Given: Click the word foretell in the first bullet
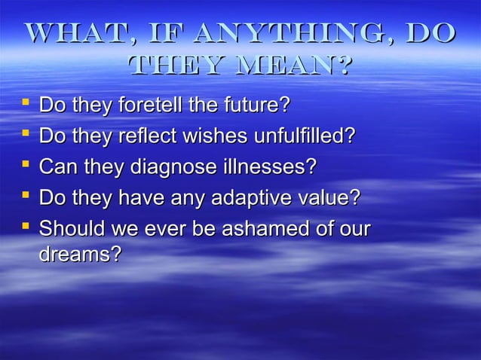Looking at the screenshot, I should pos(149,105).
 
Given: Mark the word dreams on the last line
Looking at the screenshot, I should pos(79,255).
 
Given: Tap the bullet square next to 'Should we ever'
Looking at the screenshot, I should pos(24,226).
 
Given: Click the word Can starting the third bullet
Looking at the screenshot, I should pos(56,167).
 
